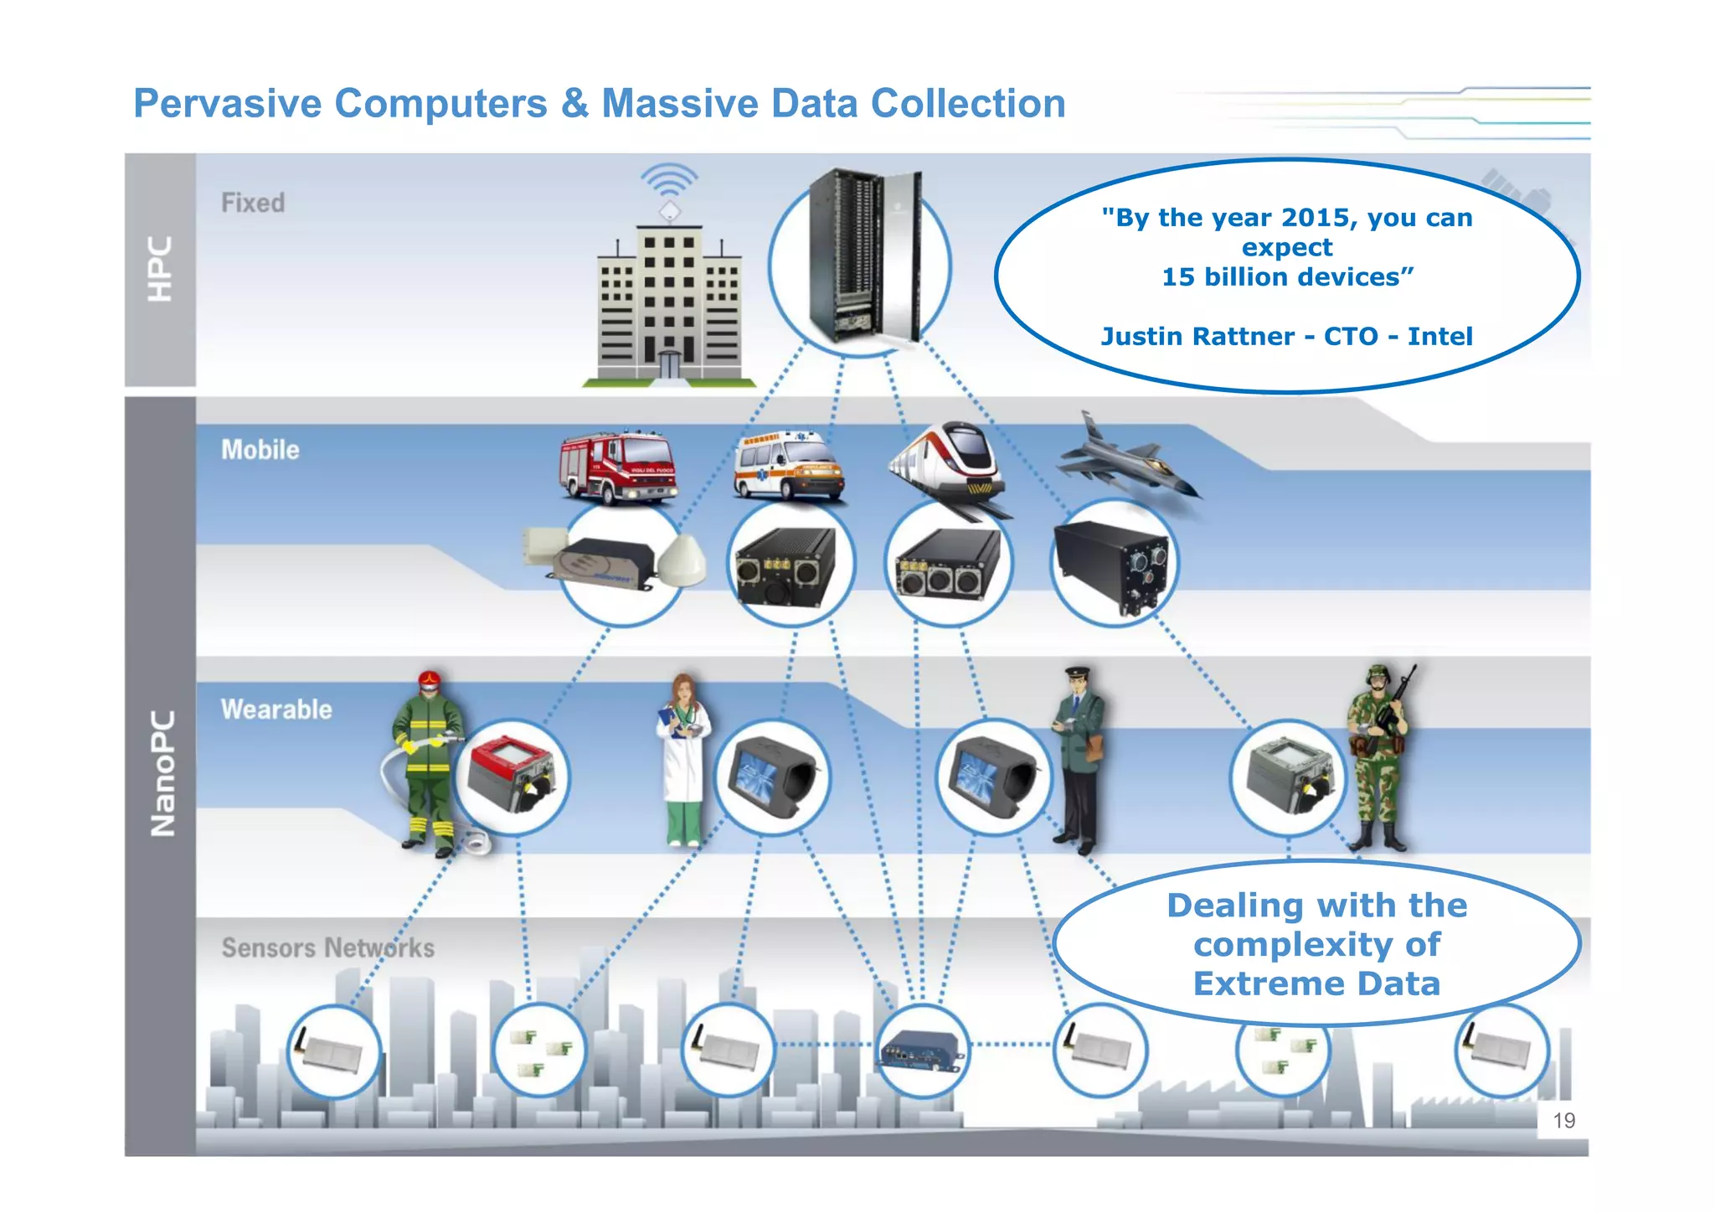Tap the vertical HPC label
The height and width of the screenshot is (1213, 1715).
pyautogui.click(x=160, y=269)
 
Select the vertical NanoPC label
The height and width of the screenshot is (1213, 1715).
pyautogui.click(x=162, y=774)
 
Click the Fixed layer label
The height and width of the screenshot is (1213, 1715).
pyautogui.click(x=252, y=203)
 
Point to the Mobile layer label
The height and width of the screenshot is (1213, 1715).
pyautogui.click(x=260, y=450)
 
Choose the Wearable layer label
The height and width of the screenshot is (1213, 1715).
pyautogui.click(x=276, y=710)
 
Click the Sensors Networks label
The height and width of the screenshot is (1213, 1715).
pyautogui.click(x=327, y=947)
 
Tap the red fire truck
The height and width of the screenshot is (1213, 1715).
pyautogui.click(x=618, y=467)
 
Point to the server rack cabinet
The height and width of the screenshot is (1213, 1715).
pyautogui.click(x=863, y=256)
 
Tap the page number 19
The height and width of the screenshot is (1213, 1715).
pyautogui.click(x=1563, y=1121)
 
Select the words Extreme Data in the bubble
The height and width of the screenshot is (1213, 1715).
pyautogui.click(x=1316, y=983)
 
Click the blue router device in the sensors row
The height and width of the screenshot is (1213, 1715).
pyautogui.click(x=921, y=1050)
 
